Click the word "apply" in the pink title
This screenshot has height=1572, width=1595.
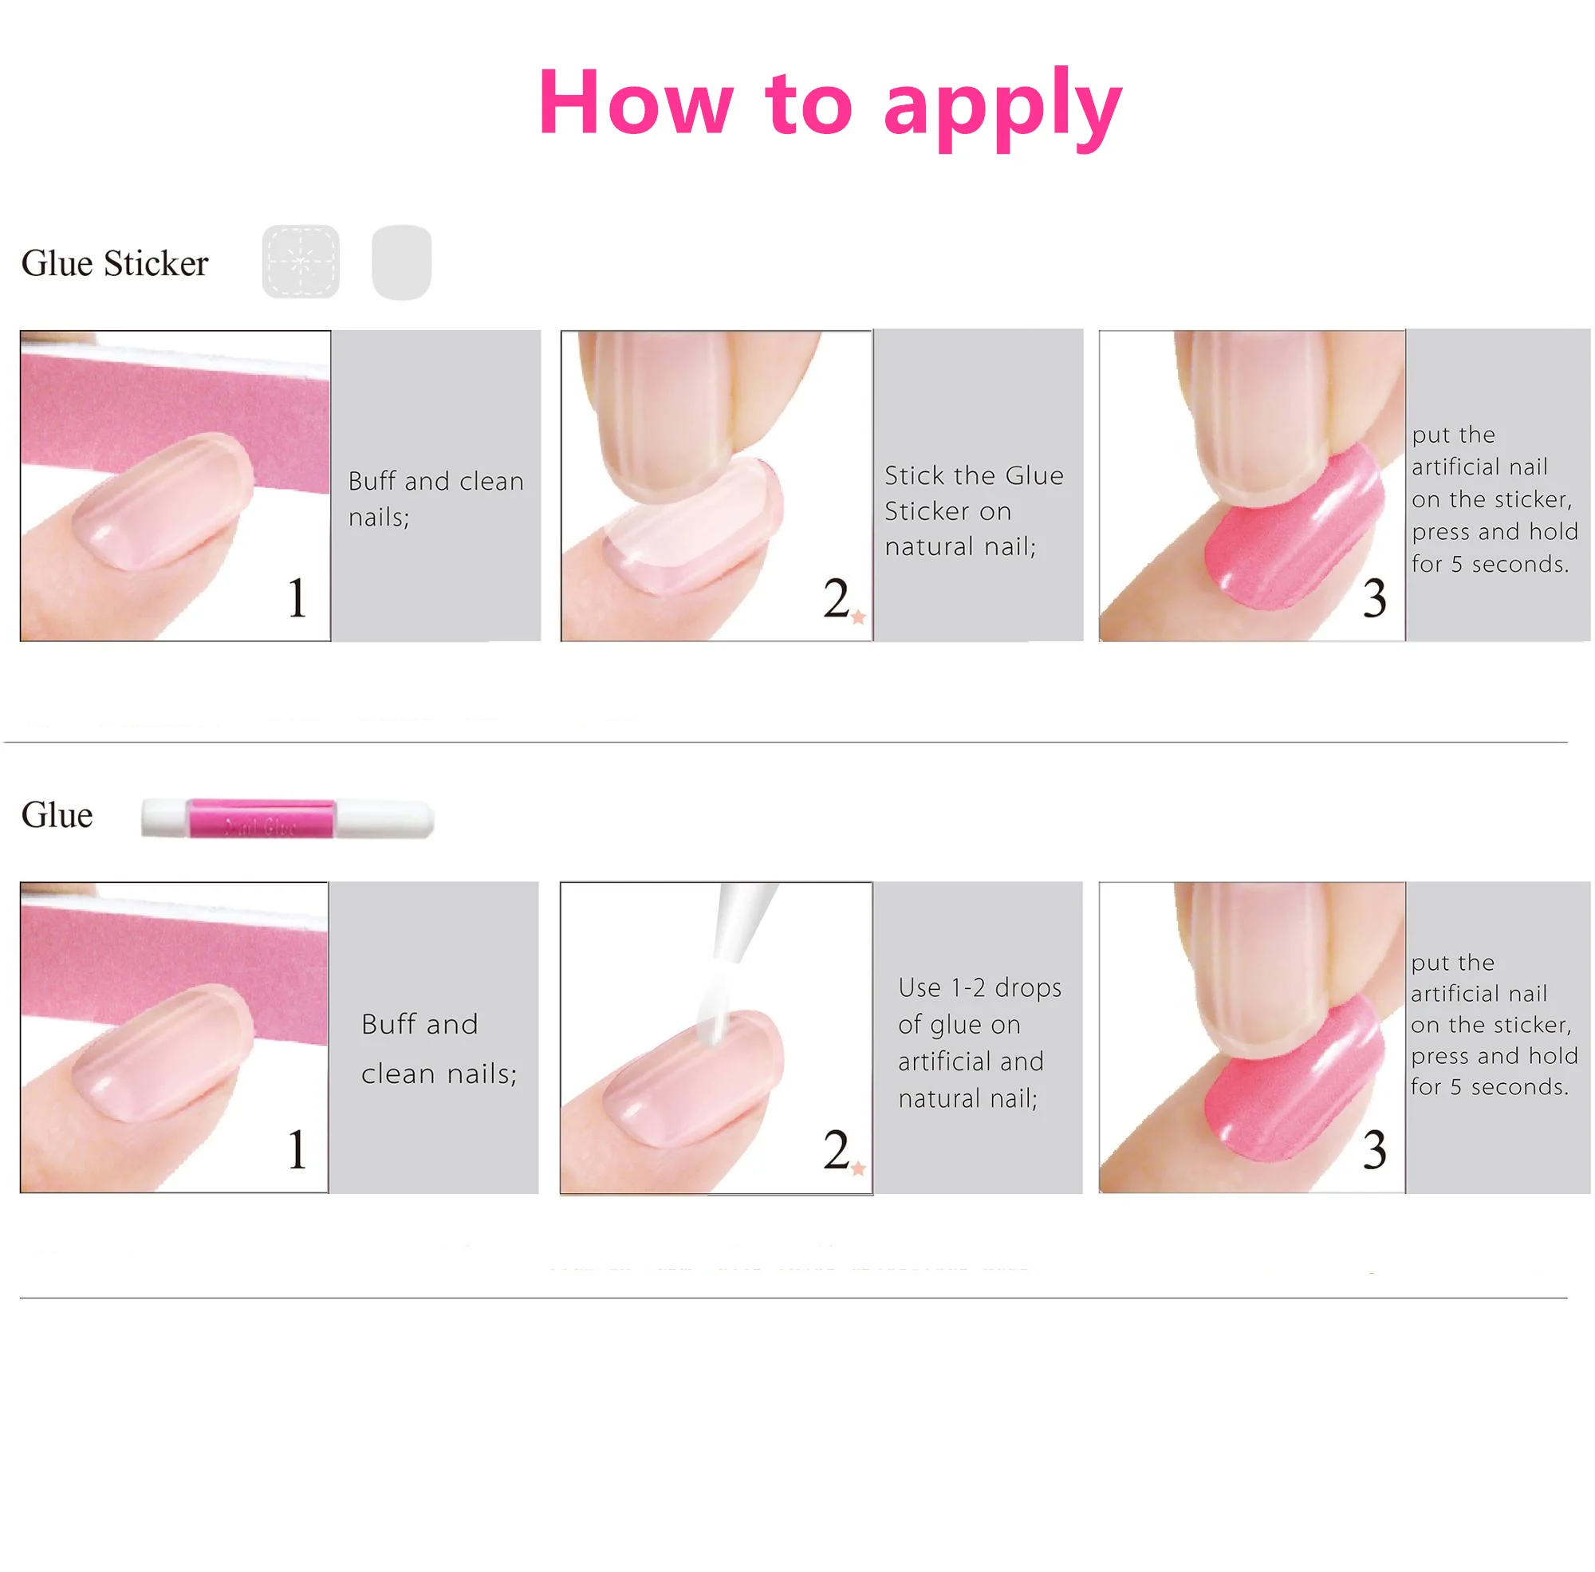tap(1003, 107)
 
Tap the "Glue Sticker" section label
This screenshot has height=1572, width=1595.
tap(115, 263)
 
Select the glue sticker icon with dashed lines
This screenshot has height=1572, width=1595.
tap(301, 262)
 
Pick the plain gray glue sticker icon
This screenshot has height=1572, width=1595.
tap(402, 262)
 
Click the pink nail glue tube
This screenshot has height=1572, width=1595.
tap(287, 819)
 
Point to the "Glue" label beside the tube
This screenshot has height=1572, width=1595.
tap(57, 815)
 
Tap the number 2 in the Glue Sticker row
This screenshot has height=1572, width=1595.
tap(837, 597)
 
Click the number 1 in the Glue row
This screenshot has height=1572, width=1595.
tap(297, 1149)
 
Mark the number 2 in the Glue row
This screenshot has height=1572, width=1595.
tap(837, 1149)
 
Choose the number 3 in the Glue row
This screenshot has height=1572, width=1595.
tap(1375, 1149)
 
